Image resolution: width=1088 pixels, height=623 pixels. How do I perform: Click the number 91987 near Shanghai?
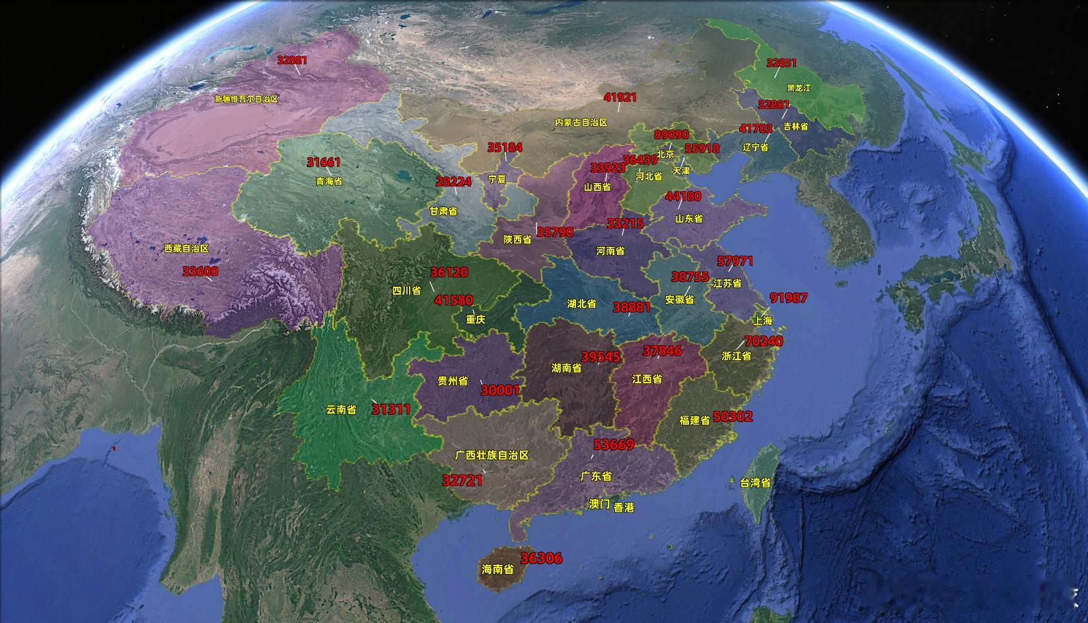788,298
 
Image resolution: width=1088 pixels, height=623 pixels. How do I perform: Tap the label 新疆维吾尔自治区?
246,99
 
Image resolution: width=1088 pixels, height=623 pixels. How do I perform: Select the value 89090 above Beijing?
671,134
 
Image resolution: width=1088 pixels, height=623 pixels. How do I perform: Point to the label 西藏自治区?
186,248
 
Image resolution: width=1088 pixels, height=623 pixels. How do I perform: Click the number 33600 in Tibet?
200,271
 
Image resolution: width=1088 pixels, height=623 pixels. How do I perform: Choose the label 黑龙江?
798,88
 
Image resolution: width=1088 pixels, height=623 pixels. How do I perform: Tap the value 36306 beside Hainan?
541,558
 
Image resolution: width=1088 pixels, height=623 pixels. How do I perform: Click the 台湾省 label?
754,483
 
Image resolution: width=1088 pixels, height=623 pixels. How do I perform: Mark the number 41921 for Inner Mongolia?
620,97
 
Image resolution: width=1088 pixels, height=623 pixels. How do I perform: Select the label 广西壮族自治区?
492,455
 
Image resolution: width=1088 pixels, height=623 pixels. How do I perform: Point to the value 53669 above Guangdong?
614,445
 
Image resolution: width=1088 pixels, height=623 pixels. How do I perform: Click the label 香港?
624,507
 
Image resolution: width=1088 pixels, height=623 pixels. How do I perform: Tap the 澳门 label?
599,504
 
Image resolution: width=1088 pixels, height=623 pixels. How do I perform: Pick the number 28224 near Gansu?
453,182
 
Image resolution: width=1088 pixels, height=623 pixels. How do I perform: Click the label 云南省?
341,410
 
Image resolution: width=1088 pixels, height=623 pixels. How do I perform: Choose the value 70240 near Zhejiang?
764,342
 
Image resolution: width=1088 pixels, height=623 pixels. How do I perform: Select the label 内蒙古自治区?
581,122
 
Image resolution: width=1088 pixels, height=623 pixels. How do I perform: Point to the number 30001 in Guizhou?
500,390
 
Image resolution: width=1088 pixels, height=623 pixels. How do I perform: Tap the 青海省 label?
329,180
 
